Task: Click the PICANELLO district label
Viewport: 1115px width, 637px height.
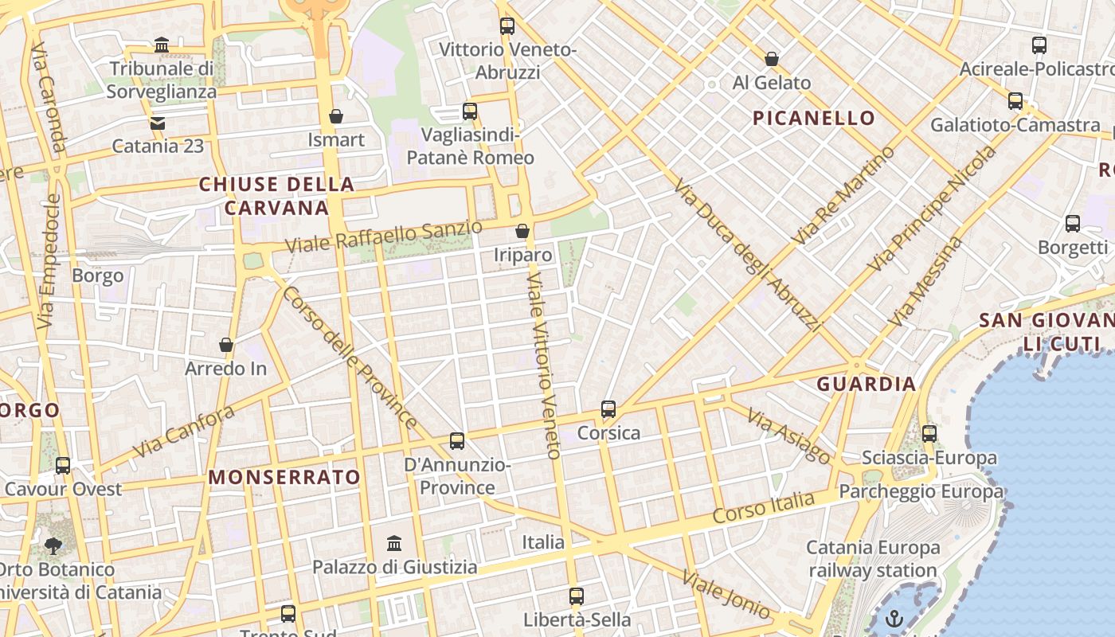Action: coord(814,119)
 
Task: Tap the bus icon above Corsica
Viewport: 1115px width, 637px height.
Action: coord(608,409)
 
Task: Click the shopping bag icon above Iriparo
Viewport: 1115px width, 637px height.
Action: coord(522,231)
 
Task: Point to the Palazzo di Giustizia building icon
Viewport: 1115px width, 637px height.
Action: coord(394,544)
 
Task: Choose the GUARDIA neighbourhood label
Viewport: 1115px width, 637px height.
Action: coord(867,384)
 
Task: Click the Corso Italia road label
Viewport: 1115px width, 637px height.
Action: coord(764,507)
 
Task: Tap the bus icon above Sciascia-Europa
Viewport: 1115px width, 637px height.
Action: coord(929,434)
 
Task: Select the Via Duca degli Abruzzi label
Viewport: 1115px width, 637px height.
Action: coord(746,255)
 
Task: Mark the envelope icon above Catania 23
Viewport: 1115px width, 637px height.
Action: coord(158,123)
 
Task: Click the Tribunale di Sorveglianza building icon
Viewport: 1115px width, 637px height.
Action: coord(162,45)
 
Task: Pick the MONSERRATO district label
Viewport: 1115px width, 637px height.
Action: coord(284,477)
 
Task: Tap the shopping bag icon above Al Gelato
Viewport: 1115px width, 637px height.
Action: coord(771,59)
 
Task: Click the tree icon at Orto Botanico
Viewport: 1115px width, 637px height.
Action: coord(53,546)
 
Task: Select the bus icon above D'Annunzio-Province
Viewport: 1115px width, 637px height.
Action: coord(457,440)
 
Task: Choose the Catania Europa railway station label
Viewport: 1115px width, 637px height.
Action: coord(874,559)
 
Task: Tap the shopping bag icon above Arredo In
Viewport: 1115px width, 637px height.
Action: coord(226,346)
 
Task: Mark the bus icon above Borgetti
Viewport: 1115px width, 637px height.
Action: coord(1073,224)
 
